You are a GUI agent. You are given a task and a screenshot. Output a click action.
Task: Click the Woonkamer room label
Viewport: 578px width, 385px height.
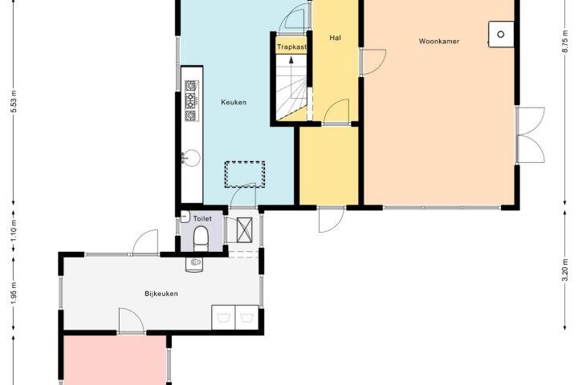(439, 41)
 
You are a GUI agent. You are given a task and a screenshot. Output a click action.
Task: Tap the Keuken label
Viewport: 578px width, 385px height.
(234, 102)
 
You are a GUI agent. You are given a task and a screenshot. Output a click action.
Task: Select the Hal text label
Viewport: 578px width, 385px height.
(335, 38)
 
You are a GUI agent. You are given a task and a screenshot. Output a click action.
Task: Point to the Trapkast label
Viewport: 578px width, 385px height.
(291, 47)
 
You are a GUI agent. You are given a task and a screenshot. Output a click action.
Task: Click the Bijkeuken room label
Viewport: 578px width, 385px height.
(161, 294)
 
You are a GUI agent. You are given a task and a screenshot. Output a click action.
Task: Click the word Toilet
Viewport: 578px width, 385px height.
(202, 218)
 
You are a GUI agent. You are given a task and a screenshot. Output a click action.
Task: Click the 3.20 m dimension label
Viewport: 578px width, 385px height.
(565, 269)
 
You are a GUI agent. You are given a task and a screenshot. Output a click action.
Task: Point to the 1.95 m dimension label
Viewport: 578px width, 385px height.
(14, 294)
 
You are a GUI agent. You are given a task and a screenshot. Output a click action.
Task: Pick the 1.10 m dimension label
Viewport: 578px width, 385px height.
(14, 231)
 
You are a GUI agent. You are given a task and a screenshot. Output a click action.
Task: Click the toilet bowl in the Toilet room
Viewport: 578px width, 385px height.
(201, 238)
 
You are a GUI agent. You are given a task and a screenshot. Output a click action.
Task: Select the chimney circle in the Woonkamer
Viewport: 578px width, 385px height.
(501, 34)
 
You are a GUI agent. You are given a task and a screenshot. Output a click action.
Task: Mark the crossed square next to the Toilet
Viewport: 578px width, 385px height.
(244, 230)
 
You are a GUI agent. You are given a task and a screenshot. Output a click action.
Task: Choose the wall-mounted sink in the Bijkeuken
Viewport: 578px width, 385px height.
(194, 264)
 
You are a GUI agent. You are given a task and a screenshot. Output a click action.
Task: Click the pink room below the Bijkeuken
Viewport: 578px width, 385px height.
(115, 360)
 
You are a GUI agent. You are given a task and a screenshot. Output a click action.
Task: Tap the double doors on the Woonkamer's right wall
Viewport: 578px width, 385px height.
(531, 136)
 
